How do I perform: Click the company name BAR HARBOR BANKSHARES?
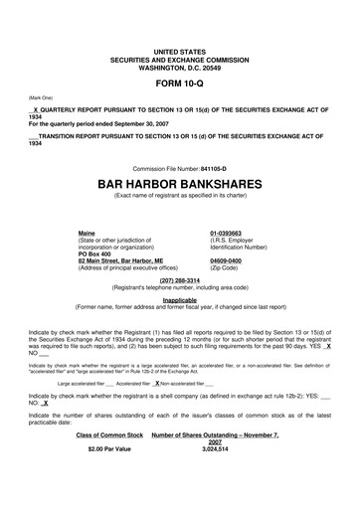[179, 185]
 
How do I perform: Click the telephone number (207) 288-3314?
[179, 280]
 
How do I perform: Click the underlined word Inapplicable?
[179, 299]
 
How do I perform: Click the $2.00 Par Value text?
[109, 478]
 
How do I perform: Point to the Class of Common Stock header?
[109, 462]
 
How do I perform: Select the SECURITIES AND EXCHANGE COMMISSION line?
[179, 57]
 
